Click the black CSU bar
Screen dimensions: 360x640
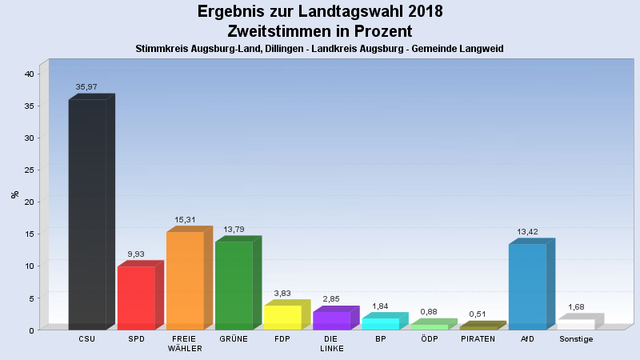pyautogui.click(x=87, y=214)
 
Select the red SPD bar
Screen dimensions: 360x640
pyautogui.click(x=136, y=298)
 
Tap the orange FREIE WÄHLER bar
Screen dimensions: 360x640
pyautogui.click(x=185, y=281)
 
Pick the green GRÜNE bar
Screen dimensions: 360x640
pyautogui.click(x=234, y=286)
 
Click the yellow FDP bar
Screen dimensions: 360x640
pyautogui.click(x=282, y=318)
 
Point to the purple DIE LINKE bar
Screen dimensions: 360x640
pyautogui.click(x=331, y=321)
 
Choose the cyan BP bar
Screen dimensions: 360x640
pyautogui.click(x=380, y=324)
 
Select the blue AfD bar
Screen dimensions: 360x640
pyautogui.click(x=527, y=286)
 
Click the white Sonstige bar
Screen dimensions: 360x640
pyautogui.click(x=576, y=325)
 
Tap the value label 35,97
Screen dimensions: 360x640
pyautogui.click(x=86, y=86)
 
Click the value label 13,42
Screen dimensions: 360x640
pyautogui.click(x=527, y=232)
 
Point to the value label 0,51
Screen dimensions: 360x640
pyautogui.click(x=478, y=314)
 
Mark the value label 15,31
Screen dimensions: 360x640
pyautogui.click(x=186, y=220)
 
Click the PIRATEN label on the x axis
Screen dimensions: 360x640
pyautogui.click(x=478, y=339)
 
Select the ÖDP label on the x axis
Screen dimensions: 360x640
pyautogui.click(x=429, y=339)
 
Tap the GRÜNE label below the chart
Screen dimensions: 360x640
pyautogui.click(x=234, y=339)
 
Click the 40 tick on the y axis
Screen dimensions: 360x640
pyautogui.click(x=30, y=74)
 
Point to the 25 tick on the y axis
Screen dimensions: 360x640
pyautogui.click(x=30, y=170)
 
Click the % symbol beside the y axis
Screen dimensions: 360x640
pyautogui.click(x=14, y=194)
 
